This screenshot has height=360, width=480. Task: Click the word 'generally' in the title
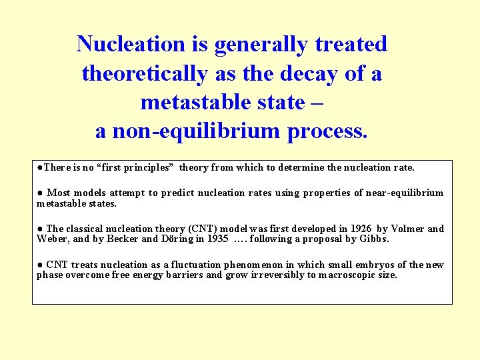(265, 44)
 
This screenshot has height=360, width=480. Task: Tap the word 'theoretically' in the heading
(144, 73)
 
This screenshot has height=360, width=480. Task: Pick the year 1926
(360, 229)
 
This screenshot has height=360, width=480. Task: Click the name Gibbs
(375, 239)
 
